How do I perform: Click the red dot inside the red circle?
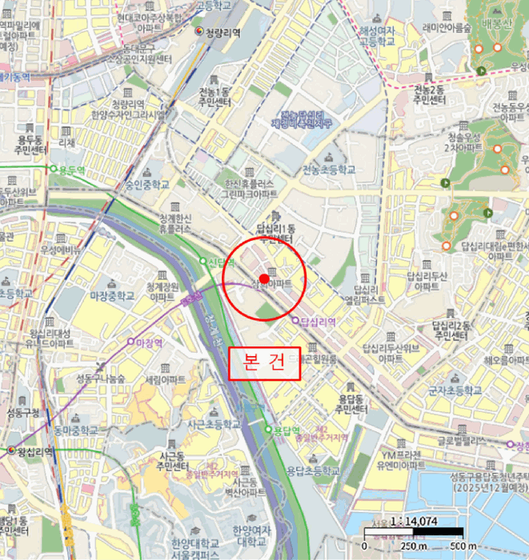(263, 278)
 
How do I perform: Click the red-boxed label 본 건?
(264, 362)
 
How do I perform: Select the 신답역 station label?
(215, 261)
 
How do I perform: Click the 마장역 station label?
(146, 342)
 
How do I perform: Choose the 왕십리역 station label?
(33, 451)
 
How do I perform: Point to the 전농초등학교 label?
(328, 170)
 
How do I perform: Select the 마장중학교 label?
(113, 295)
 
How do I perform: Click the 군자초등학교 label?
(455, 390)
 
